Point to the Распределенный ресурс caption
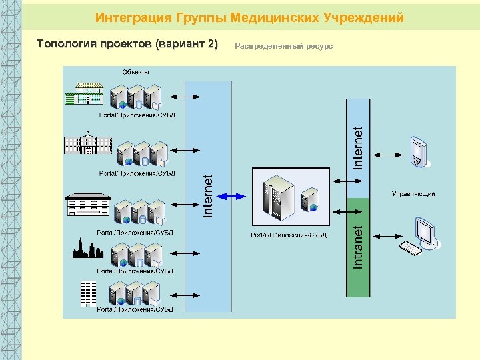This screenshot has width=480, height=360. click(x=284, y=46)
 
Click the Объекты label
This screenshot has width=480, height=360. click(x=135, y=71)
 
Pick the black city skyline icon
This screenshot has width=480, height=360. click(x=87, y=249)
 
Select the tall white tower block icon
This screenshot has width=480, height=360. click(x=87, y=293)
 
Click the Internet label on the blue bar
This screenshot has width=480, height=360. click(x=358, y=148)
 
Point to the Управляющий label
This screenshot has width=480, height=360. click(x=413, y=194)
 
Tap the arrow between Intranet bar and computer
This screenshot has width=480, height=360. click(x=386, y=236)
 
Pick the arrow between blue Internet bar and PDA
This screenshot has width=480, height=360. click(x=386, y=154)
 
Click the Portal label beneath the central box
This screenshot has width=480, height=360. click(x=289, y=235)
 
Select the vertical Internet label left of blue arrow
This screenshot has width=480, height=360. click(x=208, y=196)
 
